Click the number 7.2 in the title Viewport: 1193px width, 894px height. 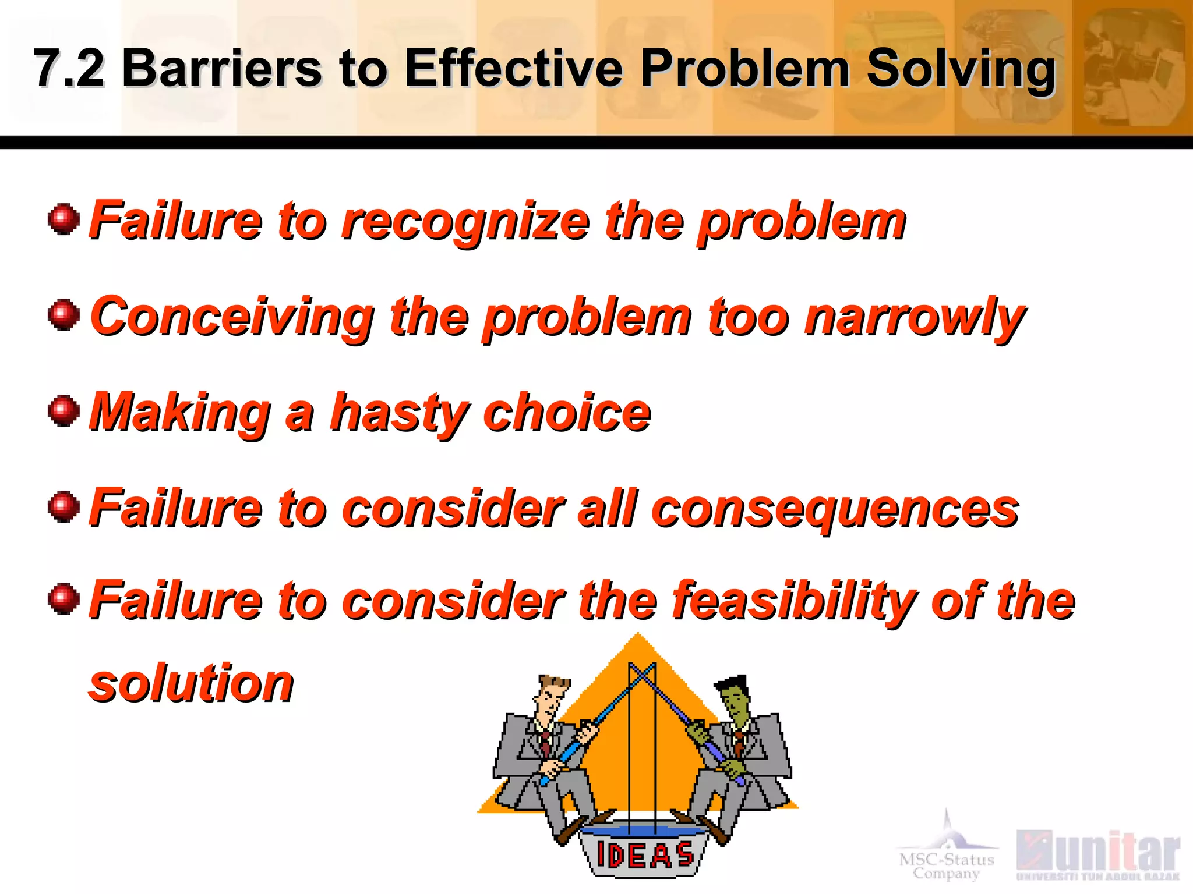(x=69, y=69)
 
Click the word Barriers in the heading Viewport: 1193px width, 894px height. (x=221, y=69)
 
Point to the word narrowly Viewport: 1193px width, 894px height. (x=915, y=318)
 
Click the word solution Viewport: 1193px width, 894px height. (x=191, y=683)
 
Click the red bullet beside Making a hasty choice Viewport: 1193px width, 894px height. (x=63, y=411)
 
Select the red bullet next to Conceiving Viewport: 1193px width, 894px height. (x=63, y=315)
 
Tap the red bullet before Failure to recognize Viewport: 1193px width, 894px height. (x=63, y=219)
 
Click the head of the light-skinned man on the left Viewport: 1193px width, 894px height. (x=550, y=698)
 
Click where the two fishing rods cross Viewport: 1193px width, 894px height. (x=642, y=676)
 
